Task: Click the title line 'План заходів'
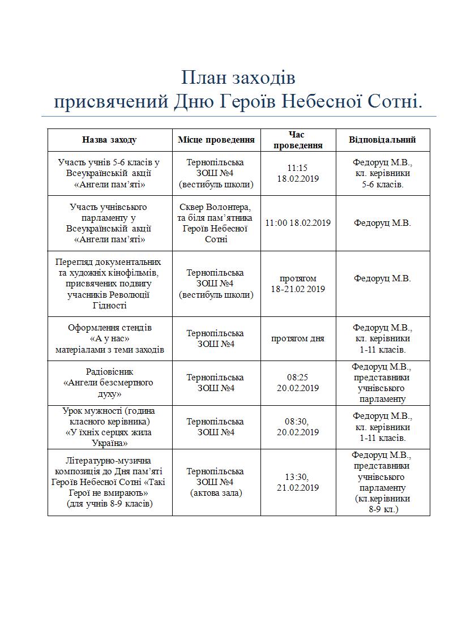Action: coord(238,77)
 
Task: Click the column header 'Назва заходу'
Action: coord(109,140)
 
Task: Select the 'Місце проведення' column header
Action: coord(216,140)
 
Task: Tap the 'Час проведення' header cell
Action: coord(298,140)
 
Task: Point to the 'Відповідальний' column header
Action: coord(383,140)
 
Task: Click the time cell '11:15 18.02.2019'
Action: coord(298,173)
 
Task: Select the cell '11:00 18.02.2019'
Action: coord(298,223)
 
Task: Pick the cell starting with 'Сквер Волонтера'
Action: coord(216,223)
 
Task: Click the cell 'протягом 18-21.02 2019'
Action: coord(298,284)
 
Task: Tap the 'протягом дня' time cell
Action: coord(298,338)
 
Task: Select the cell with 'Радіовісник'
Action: coord(109,383)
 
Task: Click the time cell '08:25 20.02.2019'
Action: coord(298,383)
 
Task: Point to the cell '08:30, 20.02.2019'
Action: coord(298,427)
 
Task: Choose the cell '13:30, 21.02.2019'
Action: coord(298,482)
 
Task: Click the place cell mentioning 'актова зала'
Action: coord(216,482)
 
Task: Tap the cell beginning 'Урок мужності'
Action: coord(109,427)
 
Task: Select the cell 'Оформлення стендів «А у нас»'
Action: coord(109,338)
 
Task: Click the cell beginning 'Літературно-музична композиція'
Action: coord(109,482)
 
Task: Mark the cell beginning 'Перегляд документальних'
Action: coord(109,284)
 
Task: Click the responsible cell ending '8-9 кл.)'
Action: coord(383,482)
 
